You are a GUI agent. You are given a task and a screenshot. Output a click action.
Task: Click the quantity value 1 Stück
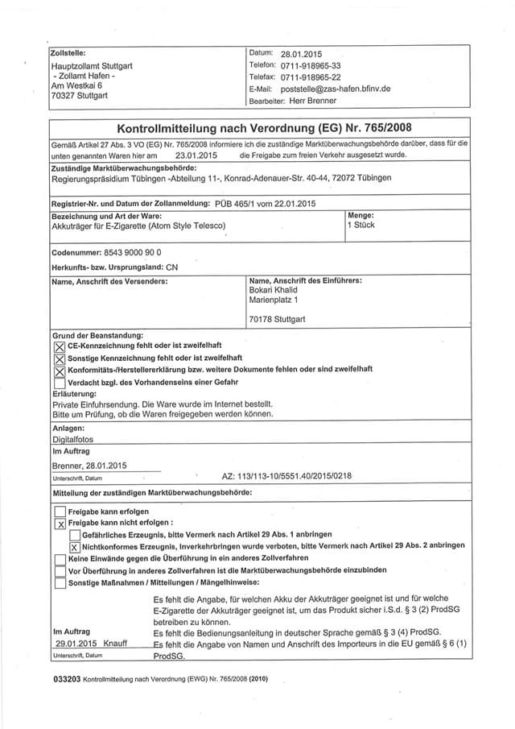[x=360, y=226]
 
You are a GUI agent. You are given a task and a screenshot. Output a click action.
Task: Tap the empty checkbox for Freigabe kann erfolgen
[x=60, y=511]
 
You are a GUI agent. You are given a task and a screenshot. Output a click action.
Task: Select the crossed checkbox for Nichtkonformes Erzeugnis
[x=75, y=546]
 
